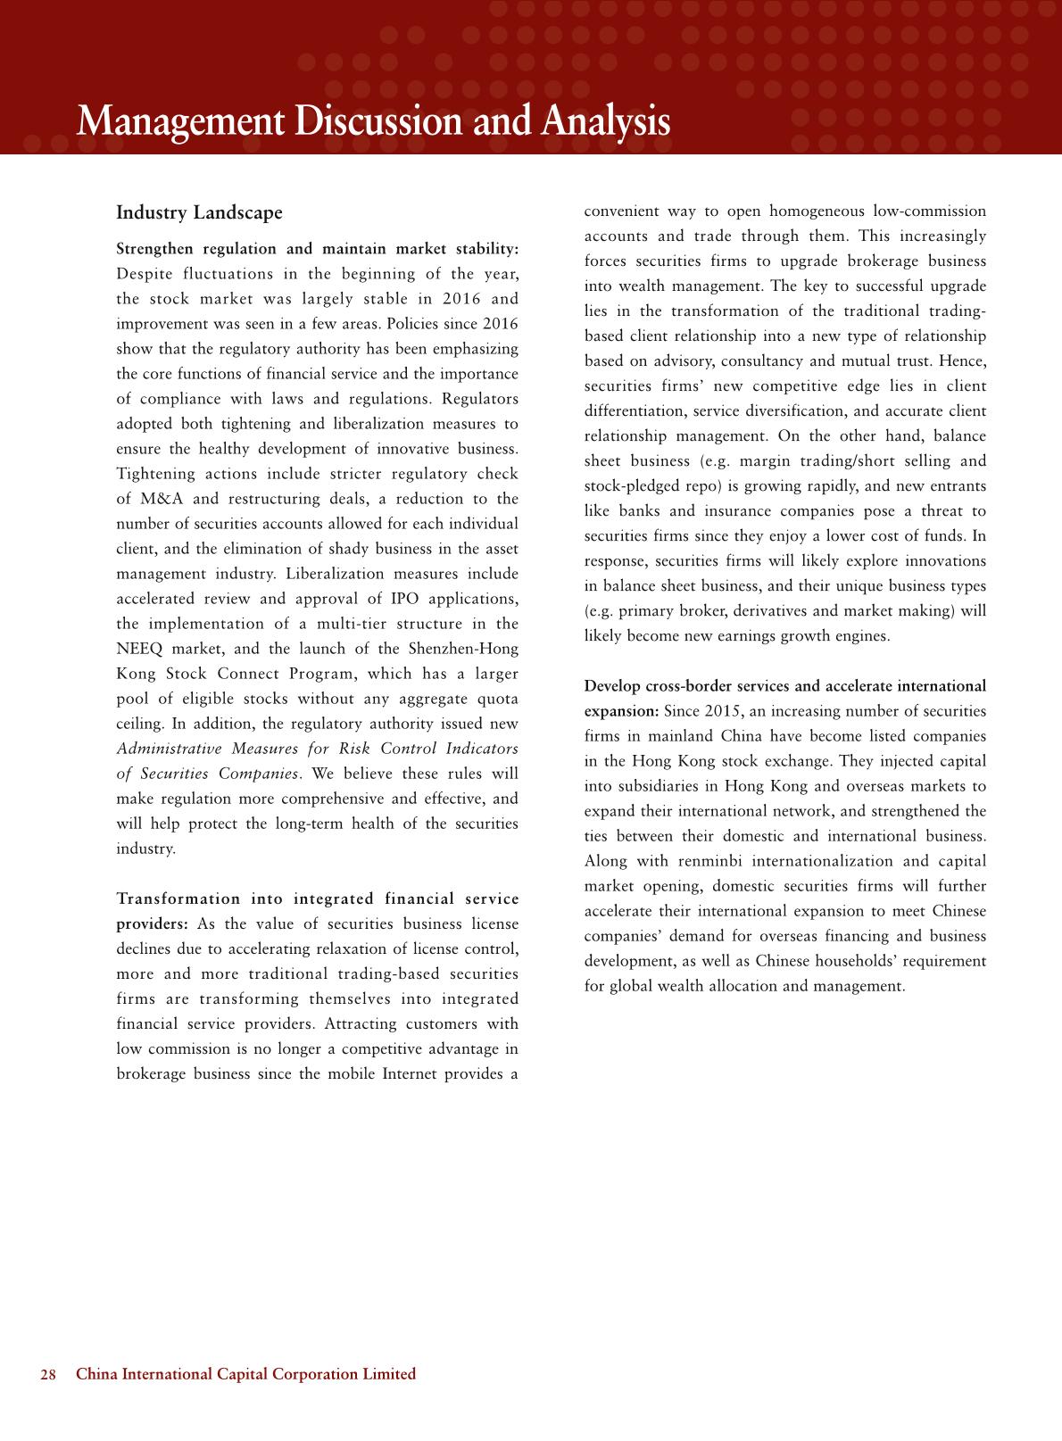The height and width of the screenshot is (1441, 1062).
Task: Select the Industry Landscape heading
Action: tap(199, 213)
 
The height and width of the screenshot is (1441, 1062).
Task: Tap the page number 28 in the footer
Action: tap(48, 1374)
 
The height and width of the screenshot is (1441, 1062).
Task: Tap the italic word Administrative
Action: tap(168, 749)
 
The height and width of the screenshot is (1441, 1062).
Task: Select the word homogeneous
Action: tap(816, 211)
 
